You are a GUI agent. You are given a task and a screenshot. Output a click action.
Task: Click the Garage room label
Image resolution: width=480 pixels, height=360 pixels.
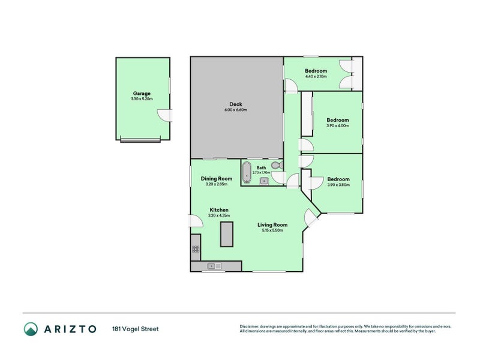(x=142, y=94)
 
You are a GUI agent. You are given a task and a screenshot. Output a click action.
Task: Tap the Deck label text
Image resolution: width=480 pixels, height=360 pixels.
(x=236, y=104)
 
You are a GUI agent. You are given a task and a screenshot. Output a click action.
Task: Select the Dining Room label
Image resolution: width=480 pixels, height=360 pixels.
(x=217, y=178)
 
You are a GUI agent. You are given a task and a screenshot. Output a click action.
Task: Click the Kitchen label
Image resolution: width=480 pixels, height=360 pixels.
(x=219, y=209)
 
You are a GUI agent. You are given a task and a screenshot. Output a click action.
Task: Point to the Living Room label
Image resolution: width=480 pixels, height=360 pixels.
(x=272, y=224)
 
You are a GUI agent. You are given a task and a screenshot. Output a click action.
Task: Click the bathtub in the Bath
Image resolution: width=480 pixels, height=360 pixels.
(x=247, y=173)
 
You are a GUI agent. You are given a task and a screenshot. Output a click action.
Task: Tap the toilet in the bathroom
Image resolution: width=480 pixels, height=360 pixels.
(x=277, y=166)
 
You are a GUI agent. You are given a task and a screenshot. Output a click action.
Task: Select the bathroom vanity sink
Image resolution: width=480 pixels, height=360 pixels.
(x=264, y=181)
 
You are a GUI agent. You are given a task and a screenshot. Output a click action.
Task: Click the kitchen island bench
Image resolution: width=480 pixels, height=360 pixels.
(x=227, y=234)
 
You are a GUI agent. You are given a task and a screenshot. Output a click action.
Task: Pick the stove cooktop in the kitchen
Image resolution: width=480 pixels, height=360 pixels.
(x=196, y=248)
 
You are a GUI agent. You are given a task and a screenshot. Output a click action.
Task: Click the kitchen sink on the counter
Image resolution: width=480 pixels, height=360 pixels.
(x=215, y=266)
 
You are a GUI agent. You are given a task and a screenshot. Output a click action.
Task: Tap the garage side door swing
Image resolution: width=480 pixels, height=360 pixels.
(x=164, y=115)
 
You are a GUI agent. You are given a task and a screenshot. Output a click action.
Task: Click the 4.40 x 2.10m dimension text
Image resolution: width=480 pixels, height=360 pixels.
(x=316, y=76)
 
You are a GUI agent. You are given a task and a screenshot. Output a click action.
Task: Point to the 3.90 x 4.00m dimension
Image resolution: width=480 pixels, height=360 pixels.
(x=338, y=125)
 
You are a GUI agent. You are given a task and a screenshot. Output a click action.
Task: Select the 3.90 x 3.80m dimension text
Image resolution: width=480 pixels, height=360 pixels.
(x=338, y=185)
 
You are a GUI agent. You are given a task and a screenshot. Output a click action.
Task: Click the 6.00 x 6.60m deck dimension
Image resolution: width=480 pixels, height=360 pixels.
(x=236, y=110)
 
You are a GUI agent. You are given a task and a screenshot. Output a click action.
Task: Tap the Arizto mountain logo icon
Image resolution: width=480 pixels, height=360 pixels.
(x=31, y=329)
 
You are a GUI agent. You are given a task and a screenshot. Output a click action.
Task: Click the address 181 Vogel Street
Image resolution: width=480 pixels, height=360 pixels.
(x=136, y=329)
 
